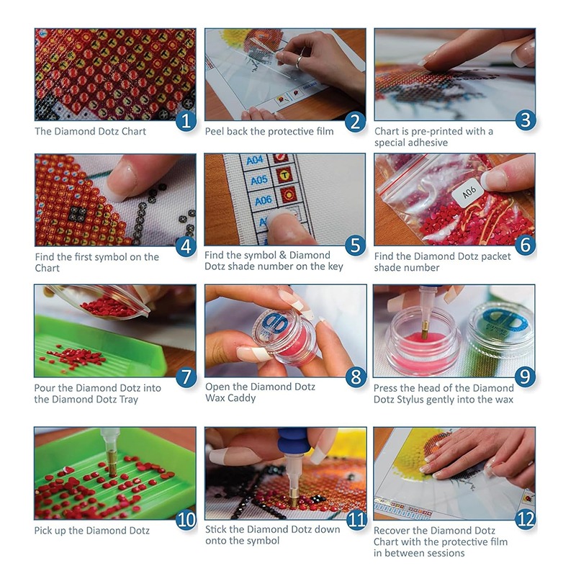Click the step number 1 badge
pos(186,120)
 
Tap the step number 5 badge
pos(355,246)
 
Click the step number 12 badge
pos(525,519)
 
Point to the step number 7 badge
pos(186,375)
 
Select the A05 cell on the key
pos(258,180)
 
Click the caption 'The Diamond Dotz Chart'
pos(90,132)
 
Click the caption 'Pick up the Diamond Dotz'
pos(92,531)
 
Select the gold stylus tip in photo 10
pos(112,468)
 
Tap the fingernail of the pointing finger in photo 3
pos(430,59)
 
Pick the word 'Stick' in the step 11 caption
pos(217,530)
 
